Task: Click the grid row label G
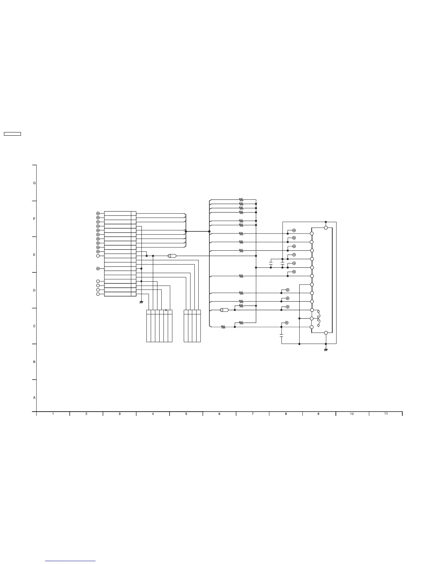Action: (34, 183)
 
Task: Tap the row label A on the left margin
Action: (34, 397)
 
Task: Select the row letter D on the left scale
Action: (34, 290)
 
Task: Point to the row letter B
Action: (34, 362)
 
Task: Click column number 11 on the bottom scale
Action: (386, 414)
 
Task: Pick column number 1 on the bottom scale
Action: (53, 414)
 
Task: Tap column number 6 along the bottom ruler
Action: (219, 414)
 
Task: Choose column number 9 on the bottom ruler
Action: (319, 414)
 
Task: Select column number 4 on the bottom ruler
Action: (153, 414)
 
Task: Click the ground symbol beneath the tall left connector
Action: (141, 302)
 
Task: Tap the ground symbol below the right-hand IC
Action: (326, 350)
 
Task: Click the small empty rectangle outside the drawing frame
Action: (12, 134)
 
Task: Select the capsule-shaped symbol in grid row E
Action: (172, 256)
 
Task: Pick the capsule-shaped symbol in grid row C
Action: (224, 310)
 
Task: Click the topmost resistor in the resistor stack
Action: (241, 200)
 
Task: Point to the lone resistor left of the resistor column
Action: (223, 327)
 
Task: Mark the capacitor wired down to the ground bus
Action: (281, 335)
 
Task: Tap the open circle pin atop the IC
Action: (326, 228)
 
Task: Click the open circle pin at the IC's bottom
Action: (326, 333)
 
